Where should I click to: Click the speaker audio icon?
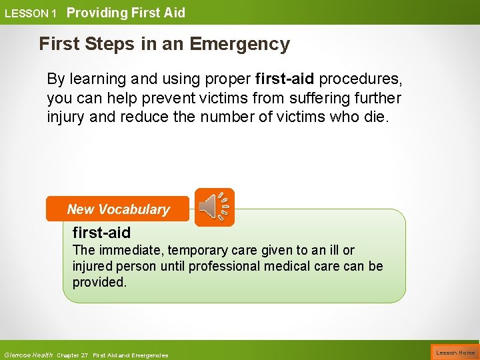tap(214, 207)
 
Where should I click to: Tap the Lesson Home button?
tap(455, 353)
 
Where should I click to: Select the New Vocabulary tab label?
tap(118, 209)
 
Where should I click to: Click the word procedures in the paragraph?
tap(361, 79)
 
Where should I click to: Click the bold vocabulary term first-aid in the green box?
tap(101, 233)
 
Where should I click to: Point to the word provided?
tap(99, 282)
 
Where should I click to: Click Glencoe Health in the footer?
tap(28, 355)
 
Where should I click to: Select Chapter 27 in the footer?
tap(73, 355)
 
